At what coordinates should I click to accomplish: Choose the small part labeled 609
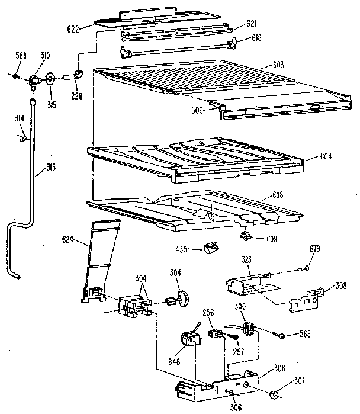pos(245,238)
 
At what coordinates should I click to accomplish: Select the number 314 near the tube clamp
pos(20,120)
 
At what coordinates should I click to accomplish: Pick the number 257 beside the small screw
pos(239,351)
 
